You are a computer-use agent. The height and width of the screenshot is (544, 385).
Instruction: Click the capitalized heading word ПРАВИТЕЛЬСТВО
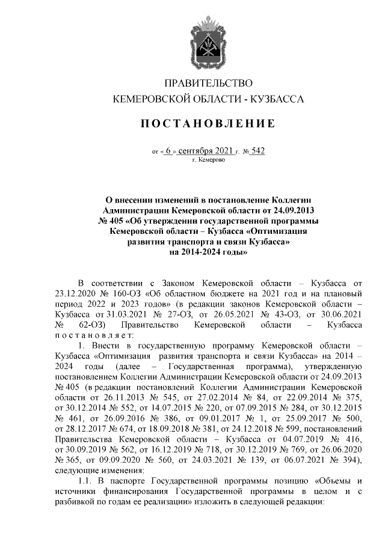pyautogui.click(x=208, y=83)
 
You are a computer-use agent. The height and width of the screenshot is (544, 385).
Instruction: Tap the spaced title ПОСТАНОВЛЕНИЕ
pyautogui.click(x=208, y=124)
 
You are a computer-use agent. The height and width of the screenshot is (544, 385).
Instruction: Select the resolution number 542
pyautogui.click(x=257, y=151)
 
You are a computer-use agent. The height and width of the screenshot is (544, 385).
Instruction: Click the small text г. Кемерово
pyautogui.click(x=208, y=161)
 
